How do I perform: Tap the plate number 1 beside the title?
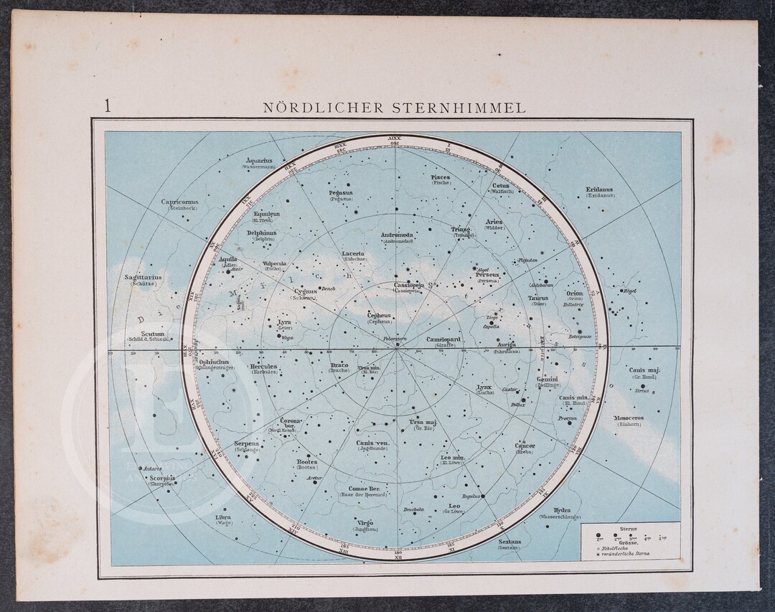coord(108,107)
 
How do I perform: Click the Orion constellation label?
coord(575,293)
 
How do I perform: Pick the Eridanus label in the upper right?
coord(599,190)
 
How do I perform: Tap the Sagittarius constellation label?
coord(143,277)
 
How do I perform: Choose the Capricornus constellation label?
coord(179,202)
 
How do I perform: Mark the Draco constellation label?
coord(339,365)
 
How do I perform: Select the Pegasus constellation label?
coord(341,193)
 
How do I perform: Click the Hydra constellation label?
coord(562,510)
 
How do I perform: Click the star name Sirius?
coord(642,391)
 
